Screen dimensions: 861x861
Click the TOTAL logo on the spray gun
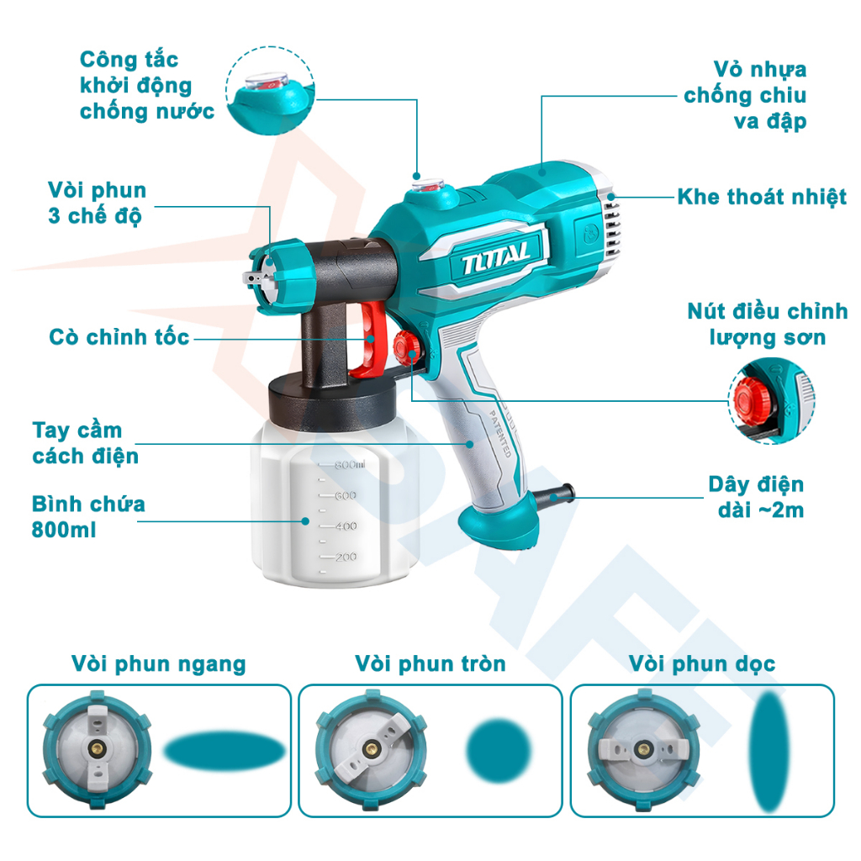tap(495, 254)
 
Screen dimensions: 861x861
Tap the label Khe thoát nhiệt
tap(762, 198)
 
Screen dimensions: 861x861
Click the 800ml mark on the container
tap(349, 464)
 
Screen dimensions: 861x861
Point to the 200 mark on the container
tap(346, 557)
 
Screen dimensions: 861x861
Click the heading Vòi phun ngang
tap(159, 664)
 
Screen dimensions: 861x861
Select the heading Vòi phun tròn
tap(430, 664)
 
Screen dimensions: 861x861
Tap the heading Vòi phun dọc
tap(702, 664)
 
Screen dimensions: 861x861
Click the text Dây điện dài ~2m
tap(755, 497)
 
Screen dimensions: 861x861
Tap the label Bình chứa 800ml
tap(88, 516)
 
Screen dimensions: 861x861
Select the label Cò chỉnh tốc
tap(119, 338)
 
